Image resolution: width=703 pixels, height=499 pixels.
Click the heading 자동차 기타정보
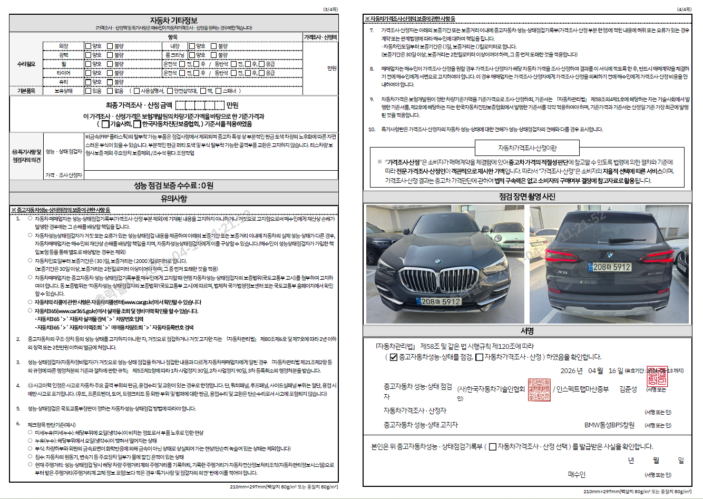click(x=173, y=21)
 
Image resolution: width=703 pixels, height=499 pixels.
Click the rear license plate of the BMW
click(x=612, y=267)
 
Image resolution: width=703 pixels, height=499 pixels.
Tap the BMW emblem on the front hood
click(x=437, y=261)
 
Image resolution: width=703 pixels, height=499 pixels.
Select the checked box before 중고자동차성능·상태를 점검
click(x=393, y=357)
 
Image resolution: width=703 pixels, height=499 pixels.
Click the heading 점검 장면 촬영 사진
click(x=527, y=197)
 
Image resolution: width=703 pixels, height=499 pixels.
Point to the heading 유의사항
click(x=173, y=199)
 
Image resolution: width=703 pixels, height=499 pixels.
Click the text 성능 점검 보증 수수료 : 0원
click(x=173, y=185)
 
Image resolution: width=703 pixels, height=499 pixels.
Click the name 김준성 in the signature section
click(x=628, y=389)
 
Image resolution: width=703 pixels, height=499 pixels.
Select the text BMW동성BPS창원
click(x=609, y=425)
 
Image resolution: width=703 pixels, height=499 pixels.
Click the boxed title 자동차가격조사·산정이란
click(x=527, y=148)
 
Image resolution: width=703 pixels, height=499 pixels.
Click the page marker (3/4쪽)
click(x=330, y=9)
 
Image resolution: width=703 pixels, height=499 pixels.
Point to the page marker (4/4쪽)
click(x=684, y=9)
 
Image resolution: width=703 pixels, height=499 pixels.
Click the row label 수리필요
click(x=26, y=64)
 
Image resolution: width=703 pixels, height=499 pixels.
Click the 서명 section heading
click(x=527, y=331)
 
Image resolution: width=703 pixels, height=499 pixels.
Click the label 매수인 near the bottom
click(x=576, y=474)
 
